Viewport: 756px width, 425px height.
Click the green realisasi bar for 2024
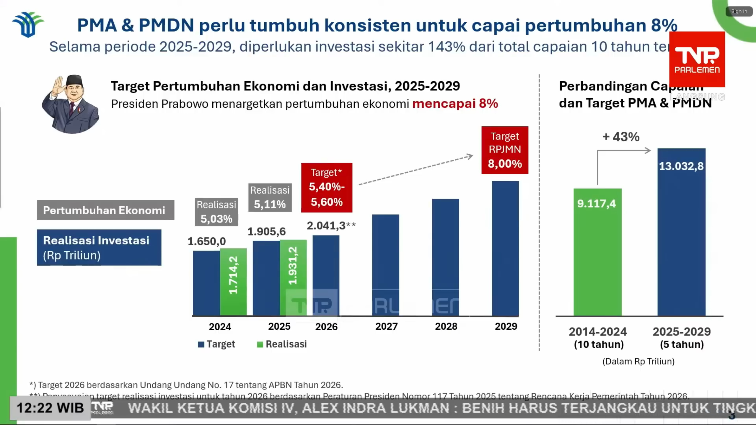[233, 282]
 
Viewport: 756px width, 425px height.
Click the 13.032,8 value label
[681, 166]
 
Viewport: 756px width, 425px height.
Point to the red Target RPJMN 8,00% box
[505, 150]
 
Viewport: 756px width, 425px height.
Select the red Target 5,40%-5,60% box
[327, 187]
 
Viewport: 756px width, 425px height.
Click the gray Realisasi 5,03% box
[216, 212]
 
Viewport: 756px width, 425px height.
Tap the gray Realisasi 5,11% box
[270, 197]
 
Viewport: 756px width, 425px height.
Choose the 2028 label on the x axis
[446, 326]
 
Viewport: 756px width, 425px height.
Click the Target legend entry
[217, 344]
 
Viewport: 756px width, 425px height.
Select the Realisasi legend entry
[282, 344]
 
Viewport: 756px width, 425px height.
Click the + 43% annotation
[621, 137]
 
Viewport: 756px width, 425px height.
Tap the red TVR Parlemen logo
[697, 59]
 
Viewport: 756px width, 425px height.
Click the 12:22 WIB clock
[50, 408]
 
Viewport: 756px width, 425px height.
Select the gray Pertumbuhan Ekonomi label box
[105, 210]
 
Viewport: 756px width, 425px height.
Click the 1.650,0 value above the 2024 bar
[207, 241]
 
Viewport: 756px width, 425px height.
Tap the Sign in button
[739, 12]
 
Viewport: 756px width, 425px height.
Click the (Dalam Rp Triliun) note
[638, 362]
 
